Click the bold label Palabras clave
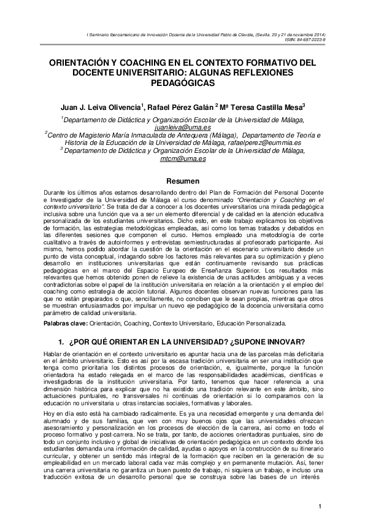pyautogui.click(x=66, y=322)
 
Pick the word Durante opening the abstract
pyautogui.click(x=56, y=194)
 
